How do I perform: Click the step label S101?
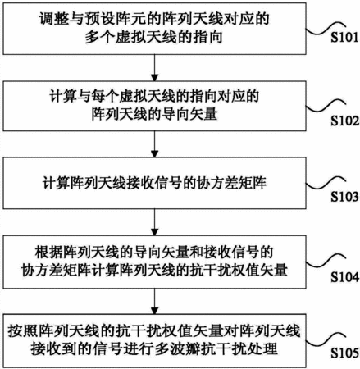point(344,37)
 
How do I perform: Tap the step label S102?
point(345,121)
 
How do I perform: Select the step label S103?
point(344,197)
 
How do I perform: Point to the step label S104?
point(345,277)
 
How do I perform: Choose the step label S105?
point(345,353)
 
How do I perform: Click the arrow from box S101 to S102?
point(155,68)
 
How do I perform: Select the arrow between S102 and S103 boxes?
point(155,144)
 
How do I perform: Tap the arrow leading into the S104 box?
point(155,222)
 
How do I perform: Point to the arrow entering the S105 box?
point(155,301)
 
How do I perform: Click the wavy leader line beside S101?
point(324,28)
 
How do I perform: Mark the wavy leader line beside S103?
point(326,183)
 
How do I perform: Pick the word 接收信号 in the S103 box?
point(154,183)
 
